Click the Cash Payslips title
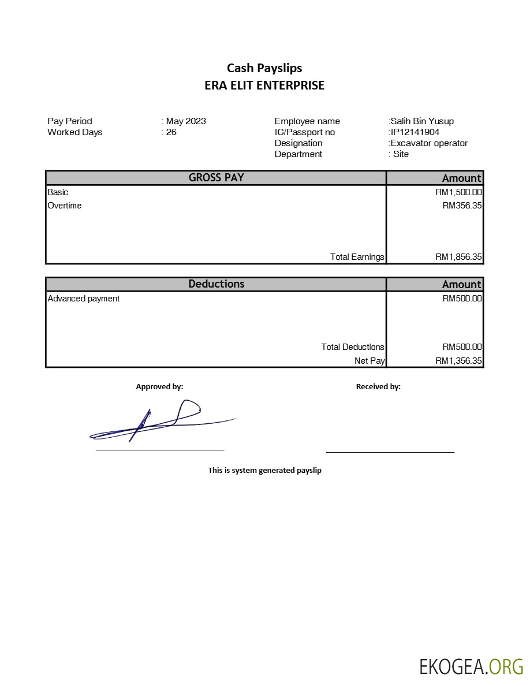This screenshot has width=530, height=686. [x=264, y=68]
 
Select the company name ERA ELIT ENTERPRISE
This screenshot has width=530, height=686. [x=264, y=85]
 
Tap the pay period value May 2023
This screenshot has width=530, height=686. [x=186, y=121]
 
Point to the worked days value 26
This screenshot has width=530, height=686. [x=171, y=132]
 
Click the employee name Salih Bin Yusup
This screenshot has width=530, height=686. [x=422, y=121]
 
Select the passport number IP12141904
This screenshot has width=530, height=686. [x=415, y=132]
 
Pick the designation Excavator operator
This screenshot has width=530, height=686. [x=429, y=143]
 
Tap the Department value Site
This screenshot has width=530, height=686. [x=401, y=154]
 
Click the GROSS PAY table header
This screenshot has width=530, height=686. [x=216, y=178]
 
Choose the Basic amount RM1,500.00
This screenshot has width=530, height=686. [x=458, y=192]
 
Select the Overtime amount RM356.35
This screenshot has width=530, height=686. [x=462, y=206]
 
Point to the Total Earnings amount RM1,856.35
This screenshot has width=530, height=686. [x=458, y=257]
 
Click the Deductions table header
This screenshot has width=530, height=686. [x=216, y=284]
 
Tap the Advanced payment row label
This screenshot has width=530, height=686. [x=84, y=299]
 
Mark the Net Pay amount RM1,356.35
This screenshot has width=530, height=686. [x=458, y=361]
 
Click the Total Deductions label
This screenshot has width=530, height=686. [x=353, y=347]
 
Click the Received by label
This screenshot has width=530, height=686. [x=378, y=387]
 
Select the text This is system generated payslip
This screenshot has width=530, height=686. [x=264, y=470]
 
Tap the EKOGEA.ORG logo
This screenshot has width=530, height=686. [x=471, y=666]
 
